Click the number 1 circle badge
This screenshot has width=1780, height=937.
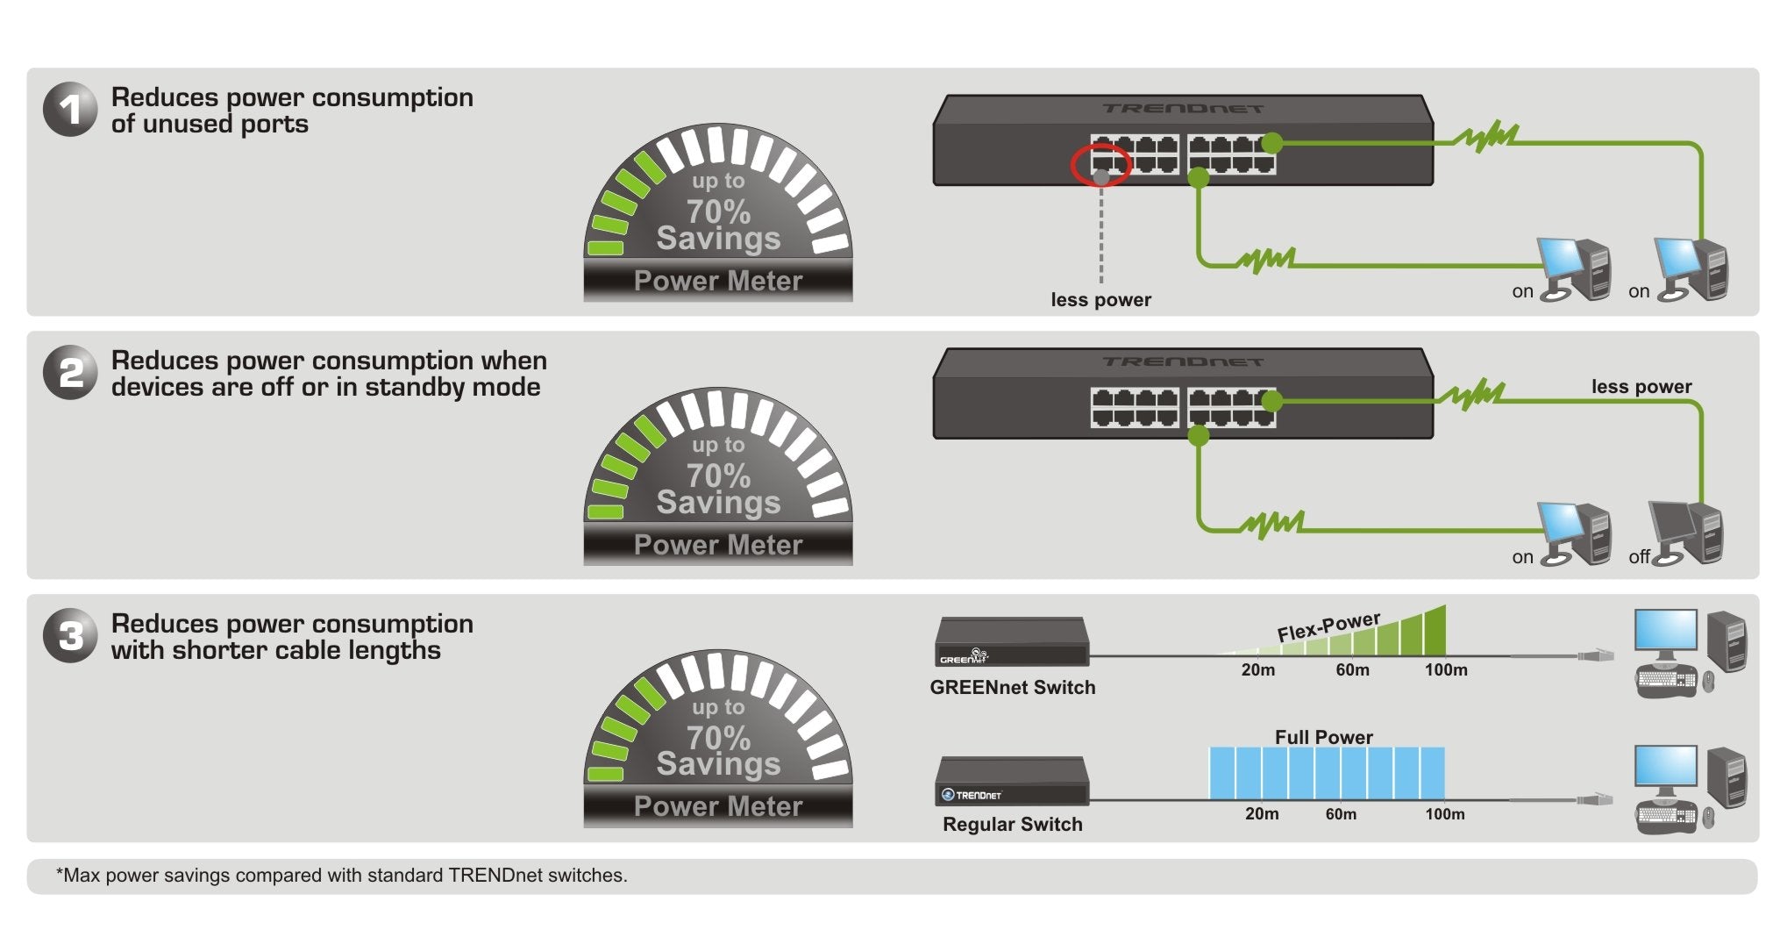[x=69, y=110]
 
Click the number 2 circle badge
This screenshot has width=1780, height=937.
[x=69, y=373]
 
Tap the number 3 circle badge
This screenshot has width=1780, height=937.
[x=69, y=635]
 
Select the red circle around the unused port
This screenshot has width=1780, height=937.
[x=1100, y=165]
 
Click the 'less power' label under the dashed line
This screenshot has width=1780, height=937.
[x=1100, y=300]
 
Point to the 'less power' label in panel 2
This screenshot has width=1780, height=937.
[x=1641, y=387]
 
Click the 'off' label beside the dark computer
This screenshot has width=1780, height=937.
[x=1638, y=557]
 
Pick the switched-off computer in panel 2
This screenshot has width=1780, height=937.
[x=1687, y=532]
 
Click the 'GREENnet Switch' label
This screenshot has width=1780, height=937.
[x=1012, y=688]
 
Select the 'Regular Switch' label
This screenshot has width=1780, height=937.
[x=1012, y=825]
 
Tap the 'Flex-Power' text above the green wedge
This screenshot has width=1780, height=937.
[x=1328, y=626]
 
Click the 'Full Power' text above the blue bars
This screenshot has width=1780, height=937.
[x=1323, y=738]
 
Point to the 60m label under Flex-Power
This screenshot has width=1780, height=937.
[x=1352, y=670]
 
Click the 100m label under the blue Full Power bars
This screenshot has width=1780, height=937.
[x=1444, y=814]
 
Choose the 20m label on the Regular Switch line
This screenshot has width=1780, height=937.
[x=1261, y=814]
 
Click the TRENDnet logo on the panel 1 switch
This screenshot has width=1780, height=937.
[x=1183, y=109]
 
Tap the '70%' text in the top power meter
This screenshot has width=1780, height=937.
[x=718, y=211]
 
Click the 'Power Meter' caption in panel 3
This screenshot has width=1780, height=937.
[x=718, y=806]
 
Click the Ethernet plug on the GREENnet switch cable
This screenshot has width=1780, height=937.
[x=1596, y=655]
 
